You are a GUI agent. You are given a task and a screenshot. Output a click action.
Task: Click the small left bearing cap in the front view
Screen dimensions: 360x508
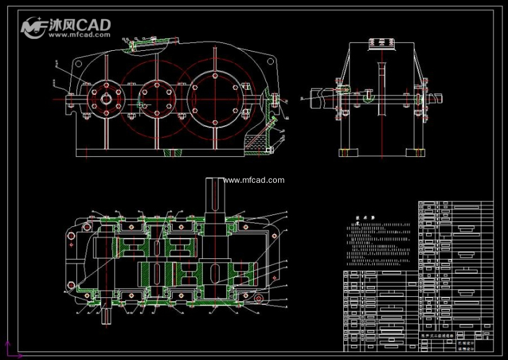pyautogui.click(x=105, y=97)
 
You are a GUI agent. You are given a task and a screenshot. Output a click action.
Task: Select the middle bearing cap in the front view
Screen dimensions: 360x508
pyautogui.click(x=155, y=97)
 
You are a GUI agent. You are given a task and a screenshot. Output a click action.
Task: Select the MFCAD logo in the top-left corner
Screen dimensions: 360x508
pyautogui.click(x=66, y=27)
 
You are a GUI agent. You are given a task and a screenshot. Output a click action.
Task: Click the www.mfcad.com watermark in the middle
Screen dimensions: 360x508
pyautogui.click(x=254, y=180)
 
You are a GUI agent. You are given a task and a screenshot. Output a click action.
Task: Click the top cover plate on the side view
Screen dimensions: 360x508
pyautogui.click(x=382, y=44)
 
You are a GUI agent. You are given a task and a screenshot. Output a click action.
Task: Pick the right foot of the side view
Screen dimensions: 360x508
pyautogui.click(x=415, y=152)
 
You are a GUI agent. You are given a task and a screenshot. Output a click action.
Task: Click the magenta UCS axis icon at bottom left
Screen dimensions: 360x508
pyautogui.click(x=9, y=350)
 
